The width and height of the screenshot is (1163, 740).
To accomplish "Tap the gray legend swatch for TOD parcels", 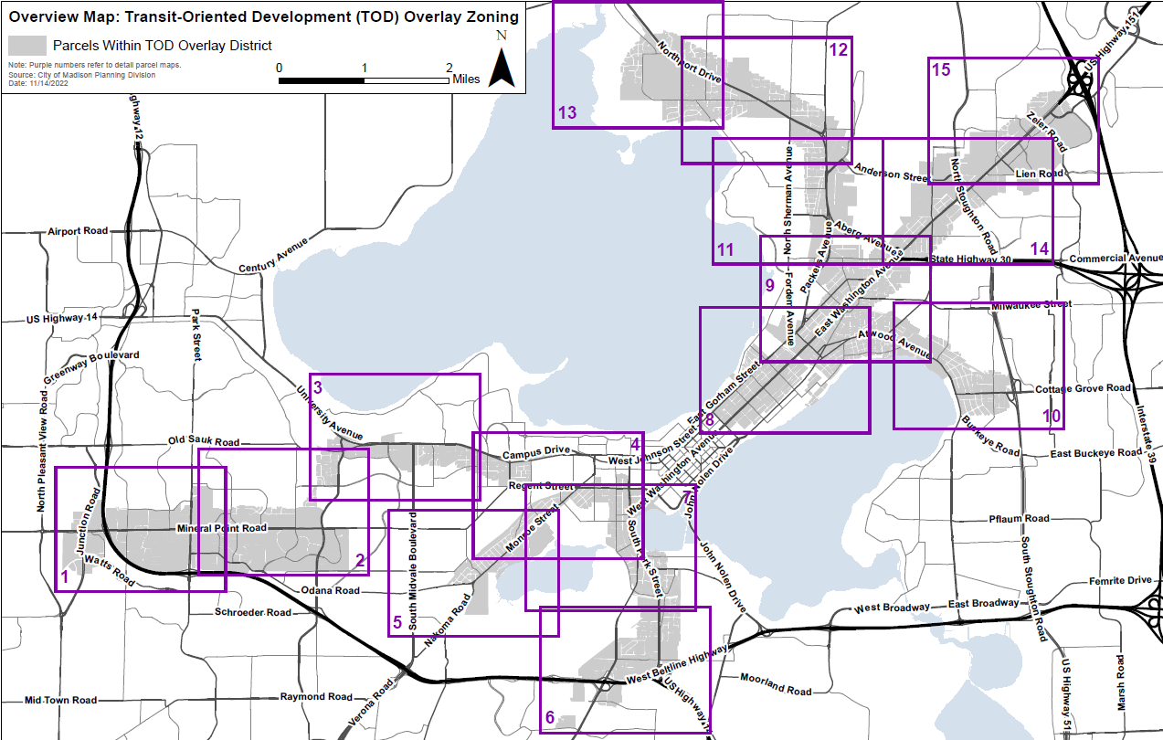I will (27, 45).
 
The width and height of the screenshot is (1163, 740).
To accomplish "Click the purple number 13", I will (567, 112).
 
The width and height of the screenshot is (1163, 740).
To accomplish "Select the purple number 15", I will (940, 69).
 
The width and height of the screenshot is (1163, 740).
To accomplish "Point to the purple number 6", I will (549, 719).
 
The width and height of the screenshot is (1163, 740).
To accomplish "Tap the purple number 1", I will (64, 577).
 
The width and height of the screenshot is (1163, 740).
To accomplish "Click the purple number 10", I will (1052, 416).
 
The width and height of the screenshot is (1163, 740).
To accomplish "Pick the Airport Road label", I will (78, 231).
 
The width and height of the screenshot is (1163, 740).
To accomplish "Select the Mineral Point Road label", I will (221, 528).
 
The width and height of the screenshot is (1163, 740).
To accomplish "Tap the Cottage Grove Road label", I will (1083, 388).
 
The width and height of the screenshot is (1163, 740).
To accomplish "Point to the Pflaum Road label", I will (1019, 519).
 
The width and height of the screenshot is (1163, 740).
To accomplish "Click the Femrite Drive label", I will (1120, 580).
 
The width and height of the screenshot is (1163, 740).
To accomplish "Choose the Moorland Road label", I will (775, 685).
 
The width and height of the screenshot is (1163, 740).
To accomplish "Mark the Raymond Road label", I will (316, 696).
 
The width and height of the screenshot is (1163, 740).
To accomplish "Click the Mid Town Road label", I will (60, 700).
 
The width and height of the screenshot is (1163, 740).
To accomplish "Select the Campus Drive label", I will (535, 451).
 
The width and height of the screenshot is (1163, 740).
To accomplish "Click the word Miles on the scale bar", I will (466, 79).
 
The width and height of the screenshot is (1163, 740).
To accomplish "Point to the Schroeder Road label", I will (253, 612).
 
